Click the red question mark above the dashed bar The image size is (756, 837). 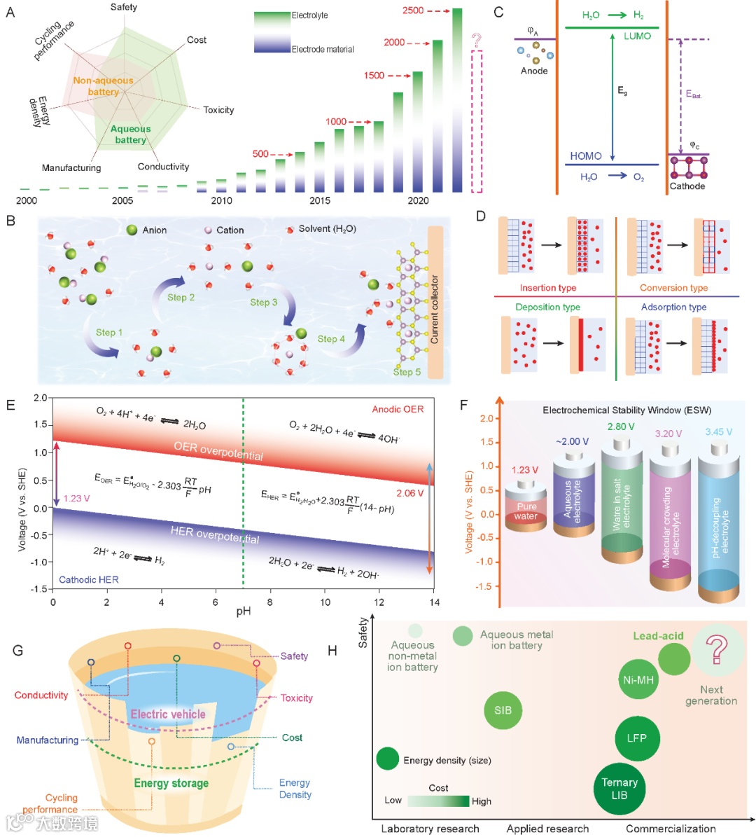477,39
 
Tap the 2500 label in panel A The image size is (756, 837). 413,11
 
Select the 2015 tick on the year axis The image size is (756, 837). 320,201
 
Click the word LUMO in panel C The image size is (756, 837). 637,36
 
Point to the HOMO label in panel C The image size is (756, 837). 586,155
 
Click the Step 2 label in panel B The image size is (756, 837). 181,297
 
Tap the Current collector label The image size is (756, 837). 435,309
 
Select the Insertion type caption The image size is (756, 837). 548,288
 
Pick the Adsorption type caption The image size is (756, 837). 673,307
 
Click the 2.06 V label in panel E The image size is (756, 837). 410,493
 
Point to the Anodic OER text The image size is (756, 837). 398,409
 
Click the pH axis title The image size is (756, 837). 243,611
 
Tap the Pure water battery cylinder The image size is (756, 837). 526,511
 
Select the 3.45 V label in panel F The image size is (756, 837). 718,432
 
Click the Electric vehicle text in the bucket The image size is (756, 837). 168,714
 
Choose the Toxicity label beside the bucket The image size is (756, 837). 296,698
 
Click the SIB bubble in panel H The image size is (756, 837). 503,710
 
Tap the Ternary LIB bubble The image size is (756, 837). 619,789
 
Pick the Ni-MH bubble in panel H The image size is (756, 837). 638,679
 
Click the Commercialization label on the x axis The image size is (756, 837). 671,829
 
